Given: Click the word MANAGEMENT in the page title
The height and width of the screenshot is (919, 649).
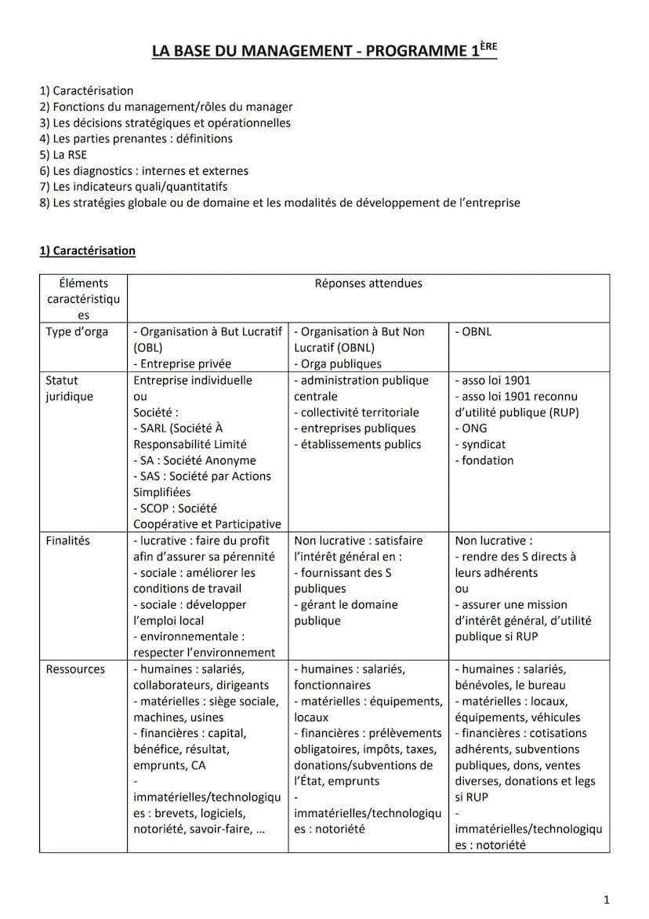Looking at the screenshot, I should coord(296,52).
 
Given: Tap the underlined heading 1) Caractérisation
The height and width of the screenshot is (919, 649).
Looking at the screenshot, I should coord(87,251).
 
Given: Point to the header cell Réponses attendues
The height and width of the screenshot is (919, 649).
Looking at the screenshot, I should coord(368,284).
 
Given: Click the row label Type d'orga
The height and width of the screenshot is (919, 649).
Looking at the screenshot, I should coord(77,332).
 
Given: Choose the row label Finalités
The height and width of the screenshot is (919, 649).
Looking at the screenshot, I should coord(67,541).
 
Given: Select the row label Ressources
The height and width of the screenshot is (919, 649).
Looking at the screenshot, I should coord(75,669).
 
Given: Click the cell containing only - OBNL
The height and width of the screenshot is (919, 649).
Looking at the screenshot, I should coord(473,332).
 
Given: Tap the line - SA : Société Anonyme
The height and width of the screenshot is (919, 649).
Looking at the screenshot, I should coord(194,461).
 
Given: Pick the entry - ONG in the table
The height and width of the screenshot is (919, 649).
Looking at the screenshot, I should coord(471,429).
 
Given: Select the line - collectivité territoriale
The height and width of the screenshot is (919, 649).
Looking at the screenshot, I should coord(357,413).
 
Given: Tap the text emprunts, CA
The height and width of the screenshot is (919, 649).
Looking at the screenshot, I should coord(169,765).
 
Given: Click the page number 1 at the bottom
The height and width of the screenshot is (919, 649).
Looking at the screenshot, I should coord(607,900).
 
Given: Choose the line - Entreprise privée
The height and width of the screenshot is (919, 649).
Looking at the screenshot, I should coord(182,364).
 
